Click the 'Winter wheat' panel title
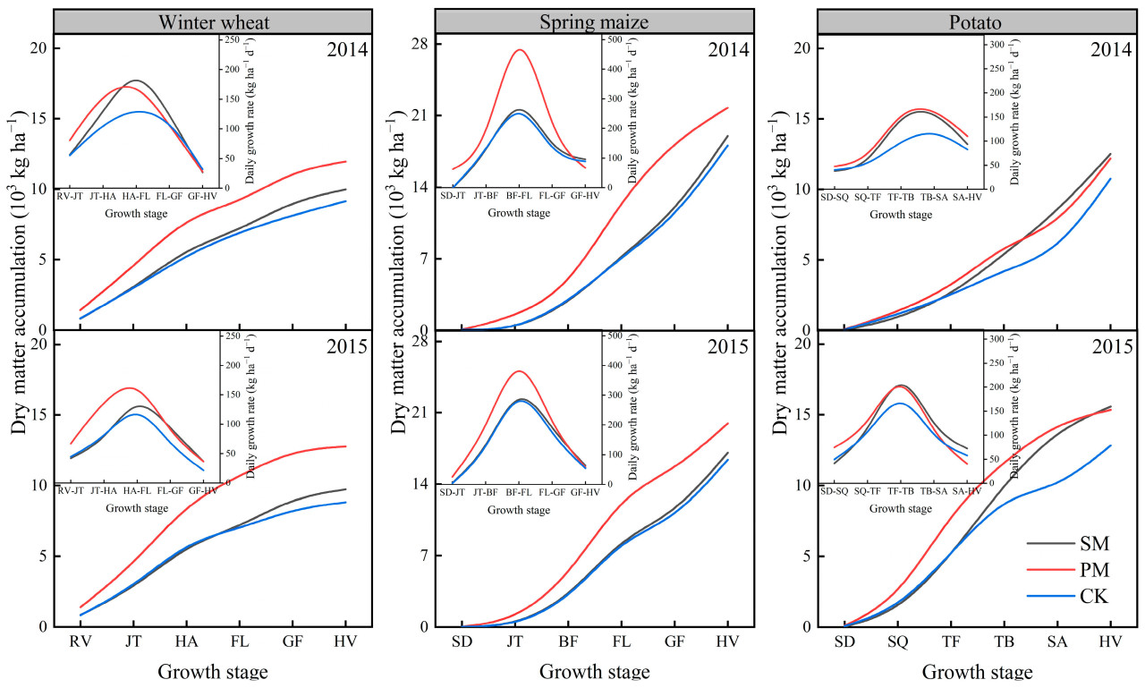pyautogui.click(x=212, y=21)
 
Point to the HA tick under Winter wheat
pyautogui.click(x=186, y=641)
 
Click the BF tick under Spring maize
pyautogui.click(x=568, y=641)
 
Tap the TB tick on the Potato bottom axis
pyautogui.click(x=1004, y=641)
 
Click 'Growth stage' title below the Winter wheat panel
pyautogui.click(x=212, y=672)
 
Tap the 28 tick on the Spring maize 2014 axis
pyautogui.click(x=420, y=44)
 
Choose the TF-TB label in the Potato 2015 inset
pyautogui.click(x=897, y=491)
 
